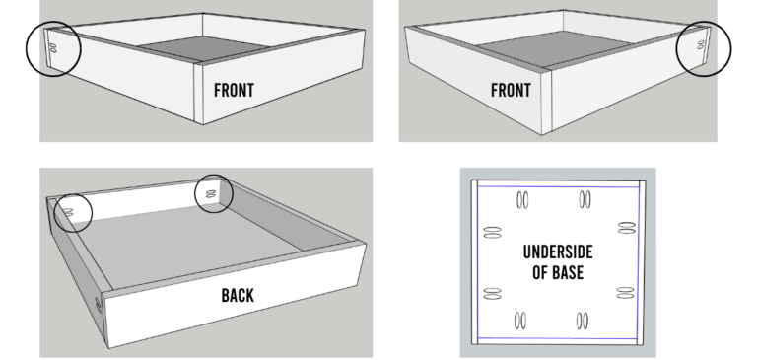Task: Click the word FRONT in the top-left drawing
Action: [x=234, y=91]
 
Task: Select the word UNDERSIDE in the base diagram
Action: [x=557, y=252]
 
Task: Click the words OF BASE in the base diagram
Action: [x=558, y=272]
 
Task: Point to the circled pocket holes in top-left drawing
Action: [x=52, y=46]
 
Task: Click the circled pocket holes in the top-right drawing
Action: [x=701, y=45]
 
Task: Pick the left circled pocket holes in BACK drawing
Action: [x=71, y=211]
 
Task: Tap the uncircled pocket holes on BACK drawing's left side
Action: [x=98, y=305]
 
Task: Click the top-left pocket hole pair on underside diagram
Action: [x=522, y=201]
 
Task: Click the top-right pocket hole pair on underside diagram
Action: [x=585, y=201]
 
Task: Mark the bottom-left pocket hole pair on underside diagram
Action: [x=522, y=322]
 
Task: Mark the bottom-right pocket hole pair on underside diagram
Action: [x=585, y=322]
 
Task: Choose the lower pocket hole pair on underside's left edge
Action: [x=493, y=293]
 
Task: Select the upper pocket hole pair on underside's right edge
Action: [x=624, y=229]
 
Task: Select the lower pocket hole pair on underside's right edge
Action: [x=624, y=292]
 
